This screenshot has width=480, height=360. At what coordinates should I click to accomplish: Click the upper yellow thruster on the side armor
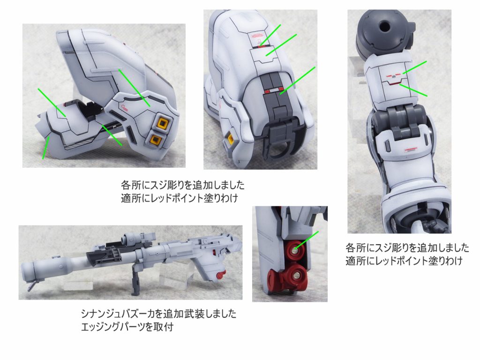(x=161, y=123)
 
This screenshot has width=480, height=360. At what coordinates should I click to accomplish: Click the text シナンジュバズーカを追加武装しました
(x=159, y=313)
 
